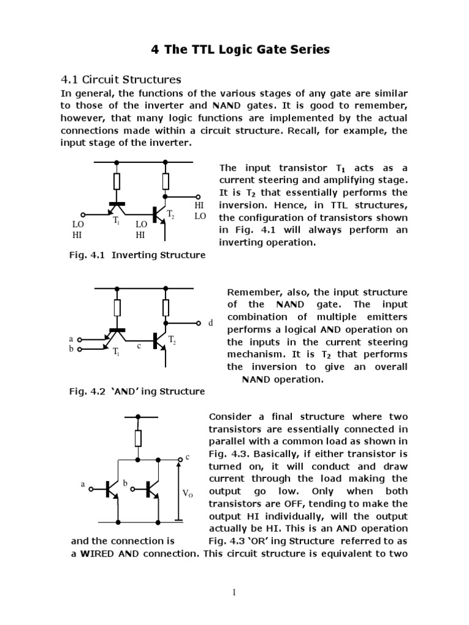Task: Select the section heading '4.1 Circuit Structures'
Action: tap(121, 79)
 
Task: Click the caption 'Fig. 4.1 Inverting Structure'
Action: tap(137, 255)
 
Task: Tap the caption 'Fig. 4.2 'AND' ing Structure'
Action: tap(137, 391)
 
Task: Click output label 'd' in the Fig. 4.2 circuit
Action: tap(211, 323)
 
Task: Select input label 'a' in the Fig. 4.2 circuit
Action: tap(71, 338)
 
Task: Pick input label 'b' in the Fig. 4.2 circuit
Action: tap(71, 349)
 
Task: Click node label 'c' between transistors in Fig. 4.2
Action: tap(139, 346)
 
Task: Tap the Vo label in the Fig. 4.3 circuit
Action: tap(188, 493)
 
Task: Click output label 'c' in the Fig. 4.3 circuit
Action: tap(188, 457)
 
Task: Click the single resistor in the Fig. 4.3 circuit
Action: tap(139, 438)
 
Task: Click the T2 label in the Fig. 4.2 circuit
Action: tap(172, 339)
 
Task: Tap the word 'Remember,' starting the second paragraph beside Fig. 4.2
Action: tap(251, 292)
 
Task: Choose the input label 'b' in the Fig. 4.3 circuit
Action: tap(125, 483)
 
